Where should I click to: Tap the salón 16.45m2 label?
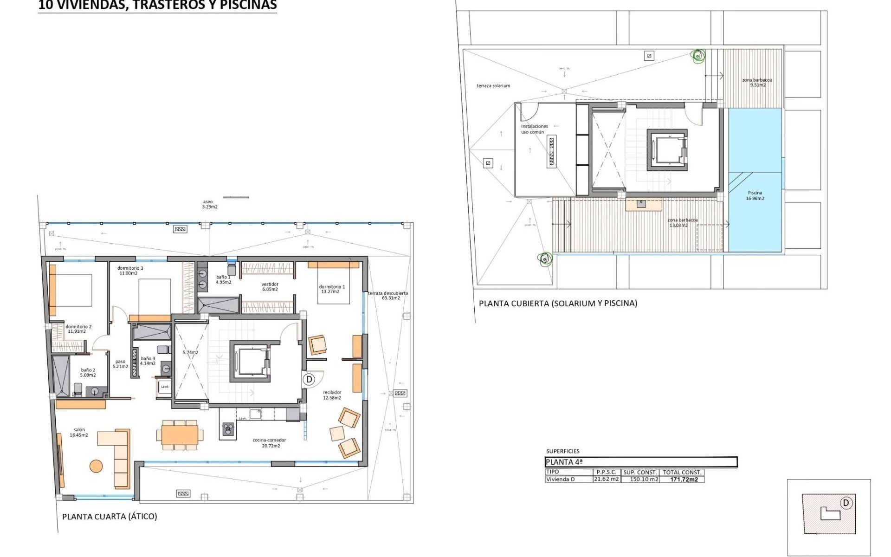click(79, 433)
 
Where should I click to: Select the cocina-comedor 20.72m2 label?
click(269, 443)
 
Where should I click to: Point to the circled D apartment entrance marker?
click(309, 379)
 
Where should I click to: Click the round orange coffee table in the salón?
click(96, 466)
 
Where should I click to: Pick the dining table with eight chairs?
click(180, 435)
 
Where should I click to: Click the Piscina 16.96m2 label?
click(755, 195)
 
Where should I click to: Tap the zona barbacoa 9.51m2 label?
click(757, 83)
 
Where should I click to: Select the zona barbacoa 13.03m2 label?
click(682, 223)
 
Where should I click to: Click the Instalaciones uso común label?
click(534, 129)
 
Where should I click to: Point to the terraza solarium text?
click(493, 86)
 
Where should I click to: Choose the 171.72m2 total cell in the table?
click(684, 479)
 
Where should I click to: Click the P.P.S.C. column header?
click(606, 472)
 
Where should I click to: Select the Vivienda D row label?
click(560, 479)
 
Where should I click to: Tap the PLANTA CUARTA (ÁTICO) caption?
click(110, 517)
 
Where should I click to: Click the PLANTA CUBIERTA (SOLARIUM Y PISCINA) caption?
click(558, 304)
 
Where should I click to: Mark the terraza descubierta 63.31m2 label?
click(388, 296)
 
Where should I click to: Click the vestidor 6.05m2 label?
click(270, 287)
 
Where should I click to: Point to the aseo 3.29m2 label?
click(209, 204)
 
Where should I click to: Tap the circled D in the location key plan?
click(846, 503)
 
